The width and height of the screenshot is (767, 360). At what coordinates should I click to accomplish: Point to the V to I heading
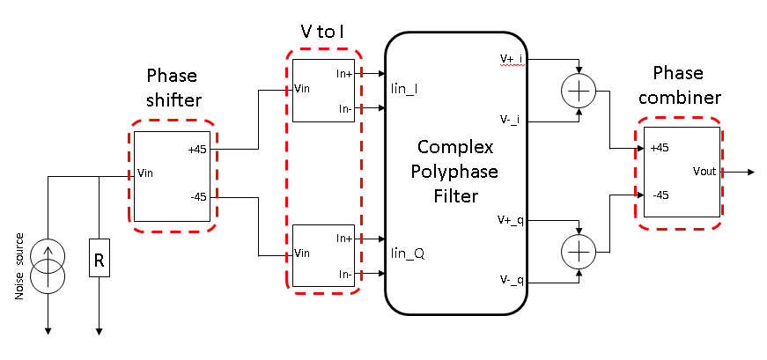point(324,32)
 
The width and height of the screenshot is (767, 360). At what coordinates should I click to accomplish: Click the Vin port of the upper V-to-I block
point(302,89)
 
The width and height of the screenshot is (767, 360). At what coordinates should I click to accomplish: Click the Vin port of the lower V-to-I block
point(302,253)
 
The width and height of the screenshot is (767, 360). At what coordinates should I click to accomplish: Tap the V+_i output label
point(511,58)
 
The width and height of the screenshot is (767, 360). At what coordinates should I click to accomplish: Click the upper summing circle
point(579,92)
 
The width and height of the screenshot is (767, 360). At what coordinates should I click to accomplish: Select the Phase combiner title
point(687,86)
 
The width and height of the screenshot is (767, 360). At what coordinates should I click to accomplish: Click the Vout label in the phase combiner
point(705,172)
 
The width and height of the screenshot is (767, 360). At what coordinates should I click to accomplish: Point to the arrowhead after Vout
point(750,172)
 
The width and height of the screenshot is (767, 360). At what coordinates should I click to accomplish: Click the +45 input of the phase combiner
point(658,149)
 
